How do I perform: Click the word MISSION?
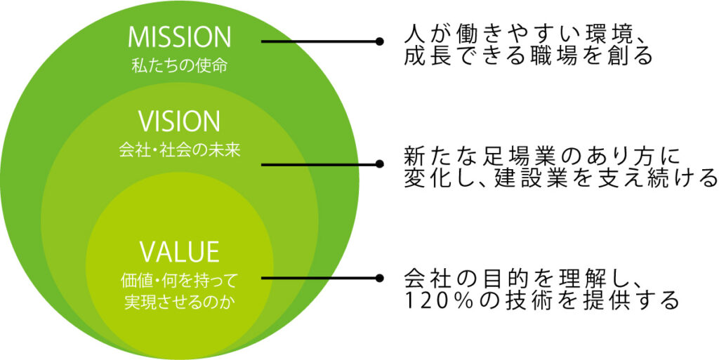[180, 38]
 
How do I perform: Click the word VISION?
[180, 122]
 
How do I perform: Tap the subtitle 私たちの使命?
[180, 66]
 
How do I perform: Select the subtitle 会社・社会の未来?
[180, 149]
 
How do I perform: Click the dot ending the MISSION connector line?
[381, 41]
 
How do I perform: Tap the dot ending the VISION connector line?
[381, 165]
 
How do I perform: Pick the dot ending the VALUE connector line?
[381, 278]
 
